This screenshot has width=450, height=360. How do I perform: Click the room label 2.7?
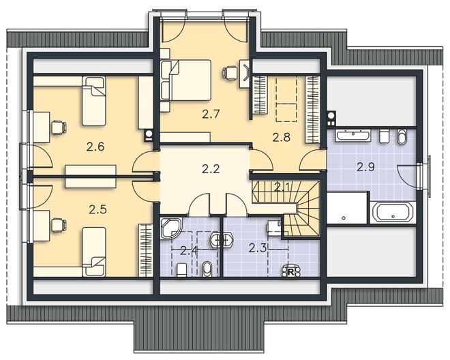(x=211, y=115)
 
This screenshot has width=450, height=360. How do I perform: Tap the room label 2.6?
(x=95, y=147)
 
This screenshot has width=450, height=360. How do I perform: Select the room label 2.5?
(x=97, y=209)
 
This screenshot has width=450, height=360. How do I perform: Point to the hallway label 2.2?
(x=211, y=169)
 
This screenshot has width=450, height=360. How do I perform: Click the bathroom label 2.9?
(x=365, y=167)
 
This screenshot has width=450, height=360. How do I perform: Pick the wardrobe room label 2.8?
(x=281, y=138)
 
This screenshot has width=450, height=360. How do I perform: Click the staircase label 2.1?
(x=282, y=187)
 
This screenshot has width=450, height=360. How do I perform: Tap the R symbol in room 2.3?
(x=290, y=272)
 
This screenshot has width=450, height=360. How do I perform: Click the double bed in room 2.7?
(x=190, y=80)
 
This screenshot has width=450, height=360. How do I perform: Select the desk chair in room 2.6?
(x=59, y=127)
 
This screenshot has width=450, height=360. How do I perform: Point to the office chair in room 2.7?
(x=230, y=72)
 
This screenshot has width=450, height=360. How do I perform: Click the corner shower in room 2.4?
(x=171, y=228)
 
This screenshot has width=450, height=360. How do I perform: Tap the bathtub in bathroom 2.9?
(x=393, y=211)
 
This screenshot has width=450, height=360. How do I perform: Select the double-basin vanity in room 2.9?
(x=352, y=136)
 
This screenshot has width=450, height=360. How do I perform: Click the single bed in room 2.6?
(x=94, y=102)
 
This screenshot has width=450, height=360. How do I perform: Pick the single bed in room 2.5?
(x=94, y=252)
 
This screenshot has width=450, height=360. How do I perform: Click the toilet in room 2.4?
(x=182, y=270)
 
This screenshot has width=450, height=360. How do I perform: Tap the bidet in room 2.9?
(x=402, y=136)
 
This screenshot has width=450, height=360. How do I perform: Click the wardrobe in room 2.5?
(x=145, y=250)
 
